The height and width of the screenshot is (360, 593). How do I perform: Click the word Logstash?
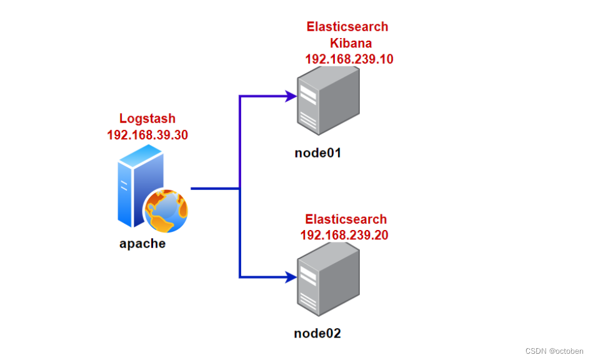(x=147, y=119)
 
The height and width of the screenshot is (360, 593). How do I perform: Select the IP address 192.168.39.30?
(x=147, y=134)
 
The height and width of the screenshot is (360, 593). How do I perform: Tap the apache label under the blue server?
(x=142, y=244)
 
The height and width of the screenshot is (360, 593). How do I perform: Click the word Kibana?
(x=351, y=43)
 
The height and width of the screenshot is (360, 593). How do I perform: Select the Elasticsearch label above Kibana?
(x=347, y=27)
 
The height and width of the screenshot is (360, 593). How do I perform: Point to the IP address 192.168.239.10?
(x=349, y=59)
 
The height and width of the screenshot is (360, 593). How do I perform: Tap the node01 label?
(x=318, y=152)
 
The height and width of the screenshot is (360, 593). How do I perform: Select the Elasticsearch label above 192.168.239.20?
(x=346, y=219)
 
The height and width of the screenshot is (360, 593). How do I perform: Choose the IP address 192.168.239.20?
(x=344, y=235)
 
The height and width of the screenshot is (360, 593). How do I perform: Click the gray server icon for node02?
(x=327, y=281)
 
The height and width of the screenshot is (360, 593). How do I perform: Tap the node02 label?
(x=317, y=333)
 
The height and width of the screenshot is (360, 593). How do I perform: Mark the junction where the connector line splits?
(x=240, y=187)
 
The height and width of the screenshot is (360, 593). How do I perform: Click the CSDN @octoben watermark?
(x=554, y=350)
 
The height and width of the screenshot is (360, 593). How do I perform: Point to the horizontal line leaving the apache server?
(x=214, y=187)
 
